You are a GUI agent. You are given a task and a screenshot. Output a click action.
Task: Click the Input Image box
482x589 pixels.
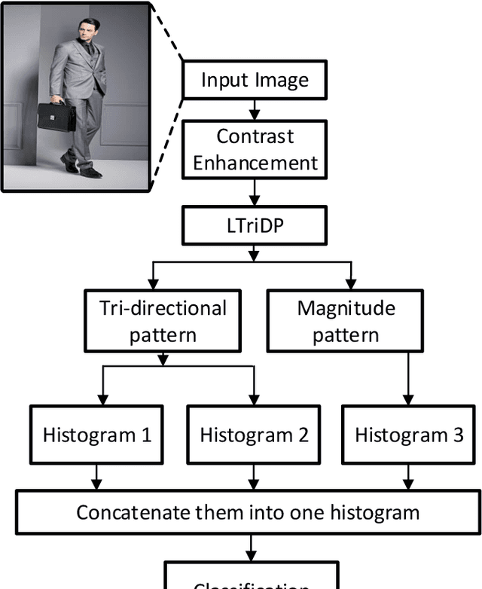coord(255,80)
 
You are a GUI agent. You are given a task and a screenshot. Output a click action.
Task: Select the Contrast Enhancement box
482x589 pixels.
coord(255,150)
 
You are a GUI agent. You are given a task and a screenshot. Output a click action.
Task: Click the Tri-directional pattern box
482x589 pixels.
coord(163,321)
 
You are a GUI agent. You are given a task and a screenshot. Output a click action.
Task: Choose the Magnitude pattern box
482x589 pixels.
coord(346,321)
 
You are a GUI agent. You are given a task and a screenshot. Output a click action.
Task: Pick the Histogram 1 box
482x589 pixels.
coord(97,435)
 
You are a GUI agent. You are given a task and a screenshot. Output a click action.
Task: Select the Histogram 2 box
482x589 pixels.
coord(254,435)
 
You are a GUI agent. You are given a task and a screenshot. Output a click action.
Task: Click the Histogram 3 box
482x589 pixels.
coord(409,435)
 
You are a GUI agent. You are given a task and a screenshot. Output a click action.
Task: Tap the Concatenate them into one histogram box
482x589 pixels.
coord(248,513)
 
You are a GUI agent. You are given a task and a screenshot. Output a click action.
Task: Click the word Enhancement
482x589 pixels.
coord(255,163)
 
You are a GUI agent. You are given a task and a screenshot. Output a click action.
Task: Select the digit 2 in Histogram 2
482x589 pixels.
coord(302,435)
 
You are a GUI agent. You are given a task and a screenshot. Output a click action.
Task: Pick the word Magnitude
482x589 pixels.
coord(346,308)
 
